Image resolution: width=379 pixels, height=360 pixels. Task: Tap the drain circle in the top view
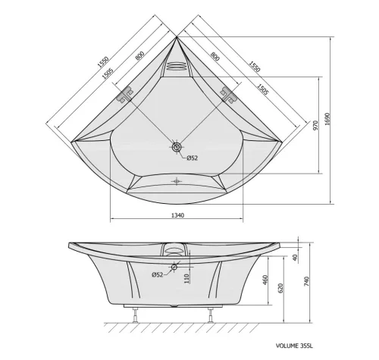pyautogui.click(x=177, y=149)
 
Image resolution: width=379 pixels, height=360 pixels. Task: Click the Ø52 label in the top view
pyautogui.click(x=193, y=158)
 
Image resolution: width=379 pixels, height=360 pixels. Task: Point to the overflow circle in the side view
pyautogui.click(x=174, y=267)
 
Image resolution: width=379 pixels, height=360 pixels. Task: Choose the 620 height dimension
pyautogui.click(x=280, y=288)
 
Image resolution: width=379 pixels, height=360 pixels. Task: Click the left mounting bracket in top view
pyautogui.click(x=124, y=95)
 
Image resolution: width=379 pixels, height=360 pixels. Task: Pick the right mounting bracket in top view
pyautogui.click(x=228, y=95)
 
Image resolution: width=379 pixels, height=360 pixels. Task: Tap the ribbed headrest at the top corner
pyautogui.click(x=176, y=65)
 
